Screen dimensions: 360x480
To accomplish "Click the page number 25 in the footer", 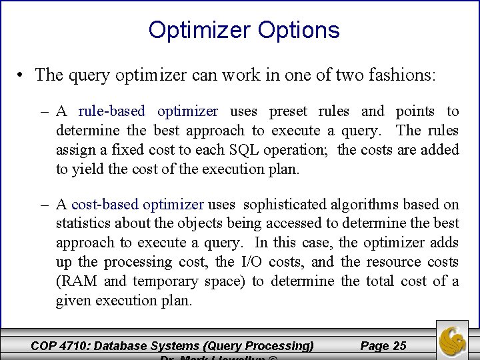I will click(399, 345).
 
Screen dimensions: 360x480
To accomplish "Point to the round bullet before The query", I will click(22, 75).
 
